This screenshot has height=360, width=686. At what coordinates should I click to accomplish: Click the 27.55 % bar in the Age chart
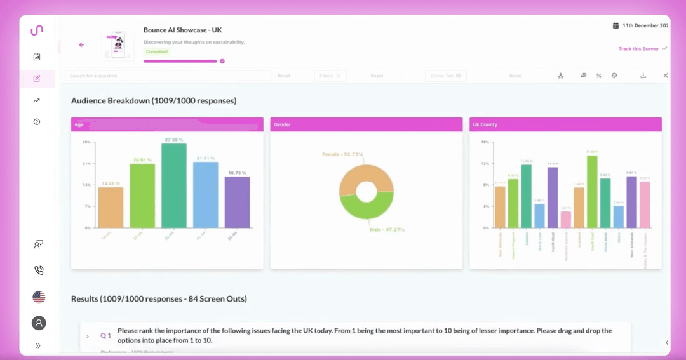pyautogui.click(x=174, y=185)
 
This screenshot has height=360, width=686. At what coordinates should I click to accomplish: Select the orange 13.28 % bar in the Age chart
pyautogui.click(x=111, y=207)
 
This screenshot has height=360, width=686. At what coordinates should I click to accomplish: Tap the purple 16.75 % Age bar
pyautogui.click(x=237, y=202)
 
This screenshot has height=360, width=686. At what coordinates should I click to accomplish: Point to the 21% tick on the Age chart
pyautogui.click(x=86, y=163)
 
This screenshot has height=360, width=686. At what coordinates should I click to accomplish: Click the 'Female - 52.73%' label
pyautogui.click(x=342, y=154)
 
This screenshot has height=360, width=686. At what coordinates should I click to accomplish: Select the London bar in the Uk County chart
pyautogui.click(x=527, y=196)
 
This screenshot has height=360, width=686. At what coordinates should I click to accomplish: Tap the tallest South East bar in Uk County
pyautogui.click(x=592, y=192)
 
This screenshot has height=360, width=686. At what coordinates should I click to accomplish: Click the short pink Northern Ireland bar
pyautogui.click(x=566, y=219)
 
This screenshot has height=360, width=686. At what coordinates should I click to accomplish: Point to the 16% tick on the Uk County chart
pyautogui.click(x=485, y=142)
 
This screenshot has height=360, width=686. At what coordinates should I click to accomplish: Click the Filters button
pyautogui.click(x=330, y=76)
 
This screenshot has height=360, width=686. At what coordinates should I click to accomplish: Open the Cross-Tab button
pyautogui.click(x=445, y=76)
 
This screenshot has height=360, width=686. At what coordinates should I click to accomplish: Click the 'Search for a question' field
pyautogui.click(x=168, y=76)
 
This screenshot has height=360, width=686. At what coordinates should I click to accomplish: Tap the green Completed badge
pyautogui.click(x=156, y=51)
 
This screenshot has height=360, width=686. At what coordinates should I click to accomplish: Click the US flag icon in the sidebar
pyautogui.click(x=39, y=297)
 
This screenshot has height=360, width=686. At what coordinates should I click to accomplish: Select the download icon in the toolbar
pyautogui.click(x=643, y=76)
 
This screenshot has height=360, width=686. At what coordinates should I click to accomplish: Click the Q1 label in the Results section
pyautogui.click(x=105, y=335)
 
